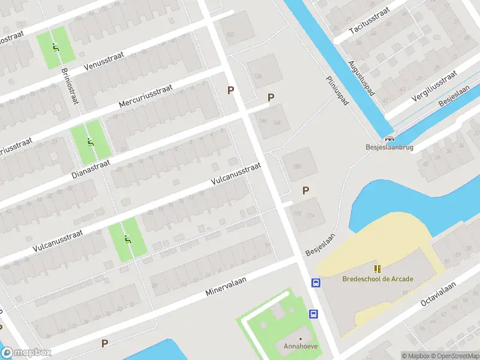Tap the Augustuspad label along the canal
[x=361, y=79]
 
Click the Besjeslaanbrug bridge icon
[x=389, y=137]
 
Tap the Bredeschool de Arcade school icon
[x=377, y=269]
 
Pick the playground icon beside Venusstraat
[x=56, y=48]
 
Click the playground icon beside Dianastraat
[x=89, y=142]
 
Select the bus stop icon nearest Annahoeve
[x=313, y=314]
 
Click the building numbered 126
[x=259, y=76]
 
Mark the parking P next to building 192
[x=305, y=191]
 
